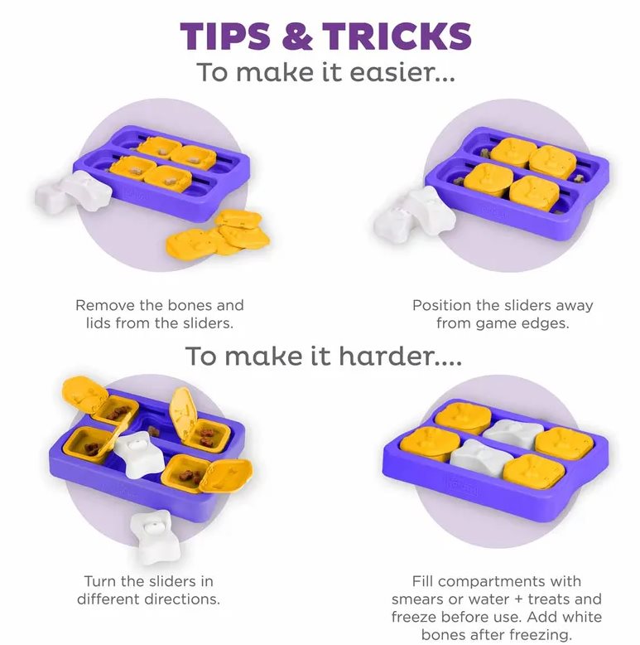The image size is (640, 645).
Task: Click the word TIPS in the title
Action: point(225,36)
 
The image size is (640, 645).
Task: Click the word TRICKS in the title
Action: point(397,36)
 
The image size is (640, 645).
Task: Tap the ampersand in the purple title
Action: point(296,36)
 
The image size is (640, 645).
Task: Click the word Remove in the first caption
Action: point(105,306)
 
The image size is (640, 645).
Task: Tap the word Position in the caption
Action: point(442,306)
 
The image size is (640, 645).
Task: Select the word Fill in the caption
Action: point(423,581)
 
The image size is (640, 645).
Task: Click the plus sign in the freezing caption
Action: point(518,599)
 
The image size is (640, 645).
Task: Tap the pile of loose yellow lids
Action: point(218,233)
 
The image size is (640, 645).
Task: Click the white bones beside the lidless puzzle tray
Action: point(73,192)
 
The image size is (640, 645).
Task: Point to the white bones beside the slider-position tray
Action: point(415,215)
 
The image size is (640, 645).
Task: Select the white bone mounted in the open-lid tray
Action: point(134,454)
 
